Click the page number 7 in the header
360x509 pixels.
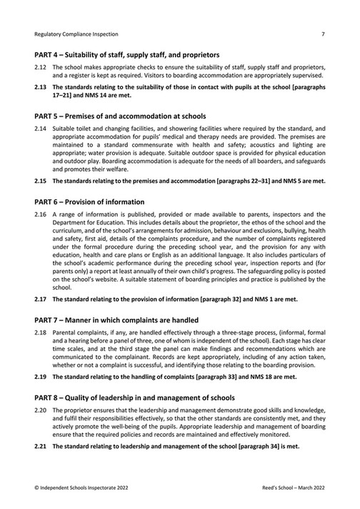point(323,33)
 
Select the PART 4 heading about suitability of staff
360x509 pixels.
point(126,54)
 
